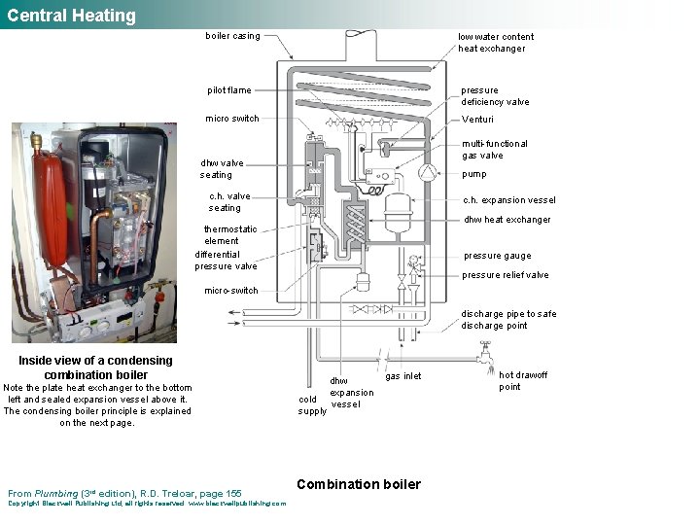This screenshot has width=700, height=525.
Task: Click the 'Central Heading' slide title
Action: pos(71,16)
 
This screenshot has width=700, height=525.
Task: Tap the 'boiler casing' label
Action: pos(232,37)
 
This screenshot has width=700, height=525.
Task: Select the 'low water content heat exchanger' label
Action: pos(495,43)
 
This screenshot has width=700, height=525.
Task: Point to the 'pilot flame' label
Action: pos(228,90)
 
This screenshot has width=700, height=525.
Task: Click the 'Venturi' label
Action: pos(477,120)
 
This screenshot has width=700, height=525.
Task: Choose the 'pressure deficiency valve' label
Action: pos(495,96)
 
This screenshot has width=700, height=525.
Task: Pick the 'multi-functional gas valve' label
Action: pos(494,150)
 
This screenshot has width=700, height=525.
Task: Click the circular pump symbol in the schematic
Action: pos(427,172)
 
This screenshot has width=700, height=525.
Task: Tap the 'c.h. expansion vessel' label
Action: pos(508,200)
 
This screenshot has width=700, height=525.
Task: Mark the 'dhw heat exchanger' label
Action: pos(507,220)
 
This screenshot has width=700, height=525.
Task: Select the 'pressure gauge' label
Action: pos(497,256)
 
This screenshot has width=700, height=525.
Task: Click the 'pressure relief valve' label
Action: pos(505,275)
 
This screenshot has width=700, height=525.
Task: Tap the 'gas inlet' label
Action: pos(403,376)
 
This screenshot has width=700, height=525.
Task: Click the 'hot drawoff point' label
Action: pos(523,381)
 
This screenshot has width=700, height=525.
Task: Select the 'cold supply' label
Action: pos(312,404)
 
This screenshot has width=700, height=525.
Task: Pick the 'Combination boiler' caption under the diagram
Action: pos(359,484)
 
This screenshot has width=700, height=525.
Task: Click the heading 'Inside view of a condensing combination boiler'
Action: pos(96,367)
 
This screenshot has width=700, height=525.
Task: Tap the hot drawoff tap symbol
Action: pos(484,359)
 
